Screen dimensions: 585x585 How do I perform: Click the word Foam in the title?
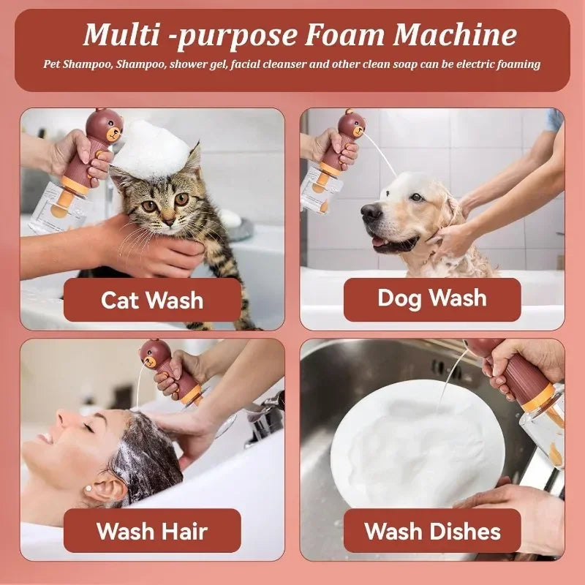point(344,35)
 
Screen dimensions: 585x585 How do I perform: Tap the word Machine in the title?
point(455,35)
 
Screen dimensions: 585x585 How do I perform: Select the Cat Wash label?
point(152,300)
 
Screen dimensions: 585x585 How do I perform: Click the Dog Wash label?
point(432,299)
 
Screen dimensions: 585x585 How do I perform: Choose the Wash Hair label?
point(152,531)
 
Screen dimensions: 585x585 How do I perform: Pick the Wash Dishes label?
point(432,531)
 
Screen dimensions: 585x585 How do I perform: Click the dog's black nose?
point(371,213)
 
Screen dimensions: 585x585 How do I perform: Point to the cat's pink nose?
point(169,221)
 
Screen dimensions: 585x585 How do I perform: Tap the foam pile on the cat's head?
point(153,150)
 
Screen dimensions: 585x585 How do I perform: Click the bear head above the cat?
point(105,125)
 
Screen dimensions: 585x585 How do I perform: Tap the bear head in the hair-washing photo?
point(155,355)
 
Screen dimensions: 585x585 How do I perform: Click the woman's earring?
point(88,488)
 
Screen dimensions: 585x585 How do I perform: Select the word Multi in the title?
point(121,35)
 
